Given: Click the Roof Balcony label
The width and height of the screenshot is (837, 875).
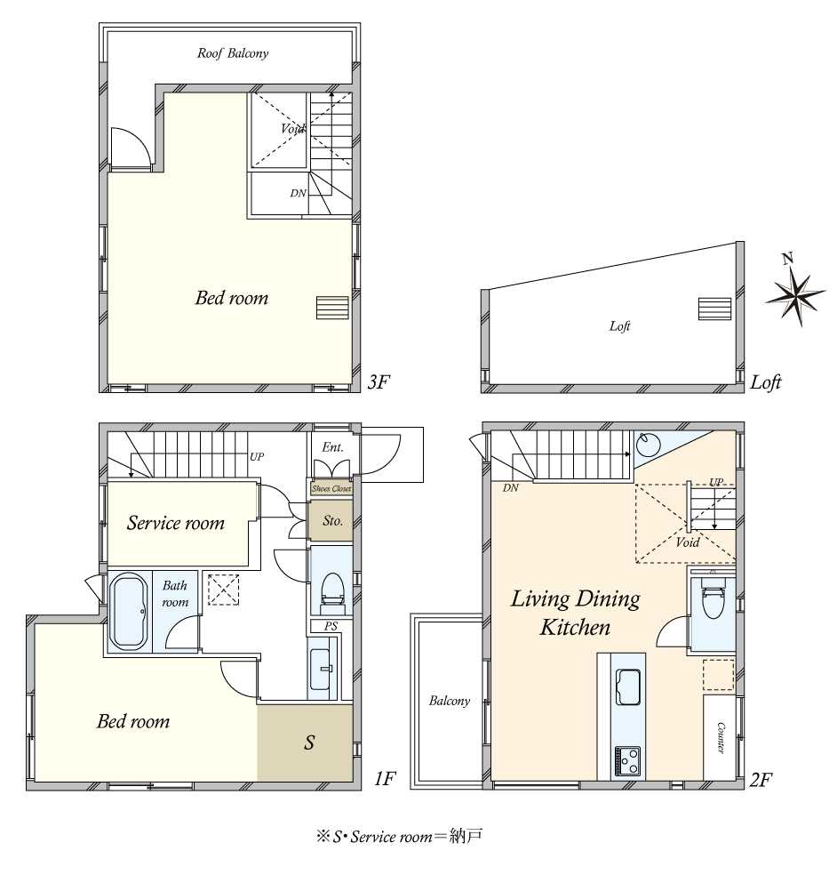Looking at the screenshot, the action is pyautogui.click(x=233, y=53).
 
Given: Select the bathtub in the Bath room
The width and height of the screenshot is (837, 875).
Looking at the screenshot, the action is pyautogui.click(x=129, y=612).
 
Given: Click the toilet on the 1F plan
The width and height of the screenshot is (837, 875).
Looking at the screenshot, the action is pyautogui.click(x=332, y=590).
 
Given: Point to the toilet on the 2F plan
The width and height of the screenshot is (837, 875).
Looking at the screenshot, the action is pyautogui.click(x=712, y=598).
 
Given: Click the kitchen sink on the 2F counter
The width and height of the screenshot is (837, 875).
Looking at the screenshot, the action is pyautogui.click(x=628, y=686).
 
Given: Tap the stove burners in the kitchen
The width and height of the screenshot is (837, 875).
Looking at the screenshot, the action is pyautogui.click(x=628, y=760).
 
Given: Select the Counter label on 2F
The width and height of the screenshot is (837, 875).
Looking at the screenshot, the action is pyautogui.click(x=720, y=738).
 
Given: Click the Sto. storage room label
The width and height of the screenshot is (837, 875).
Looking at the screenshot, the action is pyautogui.click(x=332, y=521).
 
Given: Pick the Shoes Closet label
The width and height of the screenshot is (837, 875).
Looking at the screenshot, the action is pyautogui.click(x=331, y=489).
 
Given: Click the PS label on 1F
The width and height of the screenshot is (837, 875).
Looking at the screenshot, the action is pyautogui.click(x=331, y=626).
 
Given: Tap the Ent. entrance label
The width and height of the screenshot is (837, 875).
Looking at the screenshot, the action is pyautogui.click(x=332, y=447).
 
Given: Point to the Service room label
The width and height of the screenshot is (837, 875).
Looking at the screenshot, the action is pyautogui.click(x=176, y=523).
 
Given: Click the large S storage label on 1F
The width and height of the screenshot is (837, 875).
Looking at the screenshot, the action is pyautogui.click(x=309, y=743).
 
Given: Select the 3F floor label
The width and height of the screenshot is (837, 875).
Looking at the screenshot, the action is pyautogui.click(x=379, y=382).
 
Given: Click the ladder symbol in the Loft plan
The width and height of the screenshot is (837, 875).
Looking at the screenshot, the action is pyautogui.click(x=715, y=309).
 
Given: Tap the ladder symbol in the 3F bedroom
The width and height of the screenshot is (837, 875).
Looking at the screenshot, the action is pyautogui.click(x=333, y=308).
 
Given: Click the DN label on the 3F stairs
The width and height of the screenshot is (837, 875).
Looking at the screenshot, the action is pyautogui.click(x=299, y=193).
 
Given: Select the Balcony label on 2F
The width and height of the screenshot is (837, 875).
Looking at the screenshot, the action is pyautogui.click(x=450, y=701).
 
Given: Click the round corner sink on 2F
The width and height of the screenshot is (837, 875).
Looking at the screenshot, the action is pyautogui.click(x=649, y=445).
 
